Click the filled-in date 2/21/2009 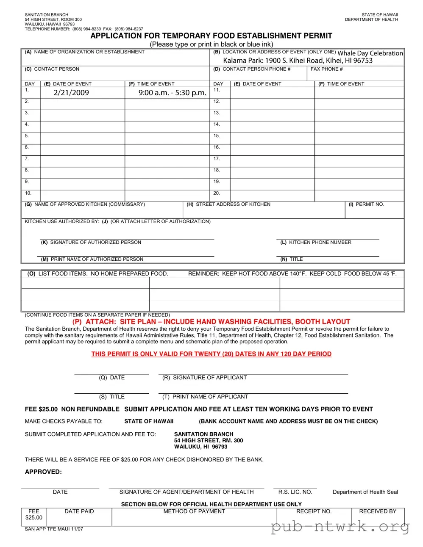tap(71, 93)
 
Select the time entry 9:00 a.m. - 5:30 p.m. tap(172, 93)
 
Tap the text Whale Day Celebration tap(370, 53)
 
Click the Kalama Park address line tap(298, 61)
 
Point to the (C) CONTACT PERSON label tap(52, 69)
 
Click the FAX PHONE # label tap(326, 69)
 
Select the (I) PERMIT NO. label tap(366, 204)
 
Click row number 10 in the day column tap(28, 193)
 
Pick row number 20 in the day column tap(217, 193)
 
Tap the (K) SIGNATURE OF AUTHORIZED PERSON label tap(91, 243)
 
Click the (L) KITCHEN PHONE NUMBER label tap(316, 243)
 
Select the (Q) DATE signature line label tap(111, 378)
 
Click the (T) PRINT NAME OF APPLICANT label tap(205, 397)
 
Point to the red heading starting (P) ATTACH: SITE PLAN tap(211, 322)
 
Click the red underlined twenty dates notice tap(211, 354)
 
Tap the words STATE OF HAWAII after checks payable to tap(149, 421)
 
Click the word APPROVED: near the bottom tap(43, 472)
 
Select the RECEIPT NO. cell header tap(314, 511)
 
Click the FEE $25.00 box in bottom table tap(34, 514)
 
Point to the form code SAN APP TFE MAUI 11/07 tap(54, 529)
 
